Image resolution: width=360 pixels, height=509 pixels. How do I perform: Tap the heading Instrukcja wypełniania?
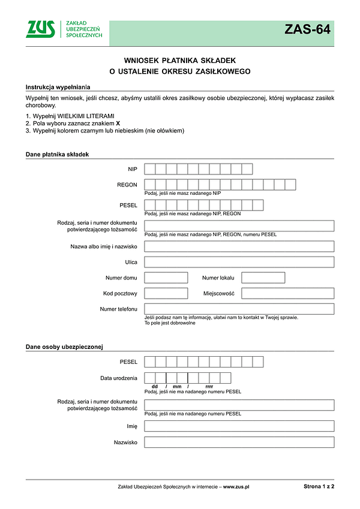pos(55,87)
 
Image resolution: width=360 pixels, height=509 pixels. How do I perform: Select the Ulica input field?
pos(239,262)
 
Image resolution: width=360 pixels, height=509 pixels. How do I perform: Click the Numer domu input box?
pos(166,278)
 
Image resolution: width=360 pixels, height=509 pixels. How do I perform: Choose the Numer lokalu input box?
pos(263,278)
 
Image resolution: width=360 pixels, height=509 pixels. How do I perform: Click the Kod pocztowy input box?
pos(166,293)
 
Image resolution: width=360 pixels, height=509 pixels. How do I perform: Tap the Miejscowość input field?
pos(287,293)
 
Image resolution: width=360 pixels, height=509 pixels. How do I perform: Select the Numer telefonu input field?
pos(239,309)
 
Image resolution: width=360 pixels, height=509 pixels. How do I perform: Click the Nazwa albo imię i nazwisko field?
pos(239,246)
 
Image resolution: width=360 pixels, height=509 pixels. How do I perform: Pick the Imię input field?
pos(239,426)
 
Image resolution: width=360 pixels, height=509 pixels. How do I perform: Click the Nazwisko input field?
pos(239,442)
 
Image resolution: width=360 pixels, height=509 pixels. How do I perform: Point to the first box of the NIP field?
pos(150,169)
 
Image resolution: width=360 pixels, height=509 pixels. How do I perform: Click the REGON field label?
pos(127,185)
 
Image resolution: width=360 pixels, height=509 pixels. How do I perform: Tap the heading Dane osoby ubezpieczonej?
pos(65,347)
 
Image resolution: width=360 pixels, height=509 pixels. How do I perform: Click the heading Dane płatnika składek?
pos(57,154)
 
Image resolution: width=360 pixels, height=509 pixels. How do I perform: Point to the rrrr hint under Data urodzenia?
pos(209,387)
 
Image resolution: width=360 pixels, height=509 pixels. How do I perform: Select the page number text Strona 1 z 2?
pos(319,487)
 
